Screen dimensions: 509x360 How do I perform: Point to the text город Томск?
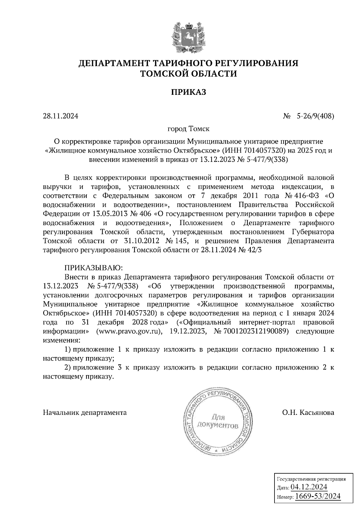click(x=188, y=129)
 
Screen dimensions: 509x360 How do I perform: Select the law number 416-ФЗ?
click(x=307, y=196)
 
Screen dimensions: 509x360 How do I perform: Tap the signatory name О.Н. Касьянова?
click(x=308, y=413)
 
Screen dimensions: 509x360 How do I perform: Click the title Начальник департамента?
click(x=85, y=413)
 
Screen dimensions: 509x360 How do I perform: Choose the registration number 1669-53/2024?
click(x=318, y=496)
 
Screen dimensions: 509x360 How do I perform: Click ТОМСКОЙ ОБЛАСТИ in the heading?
click(x=189, y=73)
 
